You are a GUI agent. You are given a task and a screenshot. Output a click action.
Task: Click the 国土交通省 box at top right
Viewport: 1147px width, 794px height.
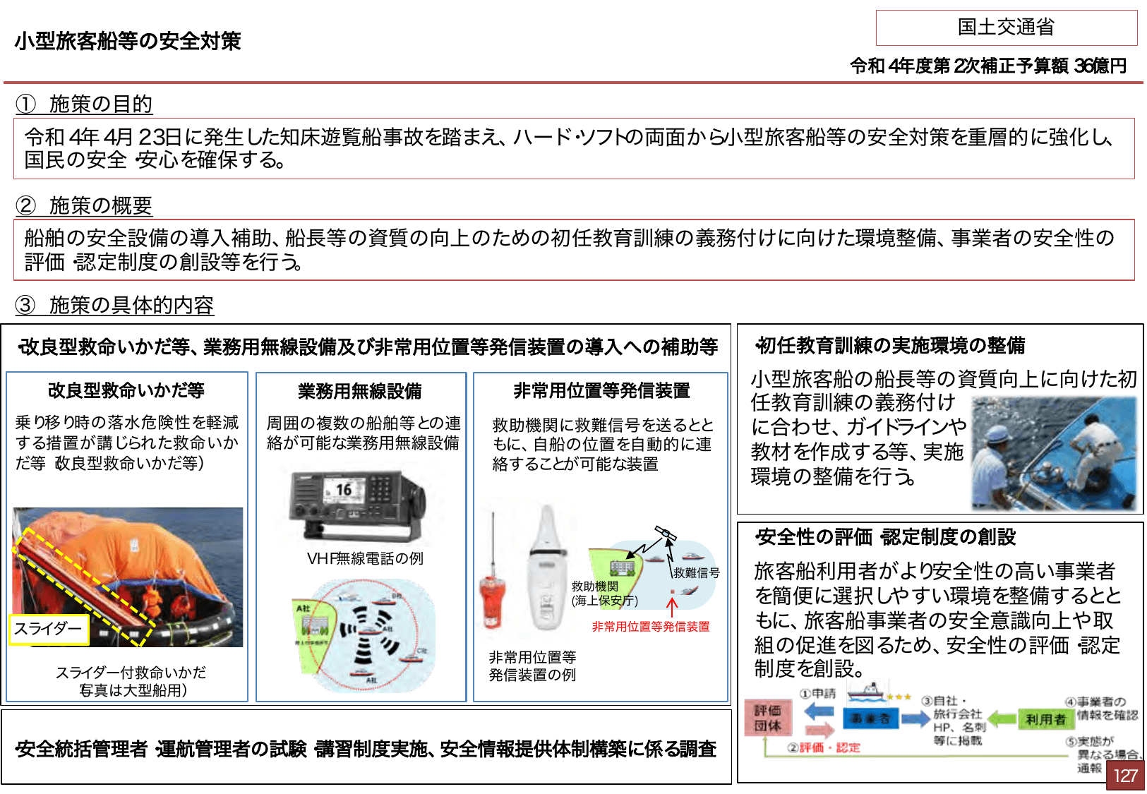click(x=1006, y=28)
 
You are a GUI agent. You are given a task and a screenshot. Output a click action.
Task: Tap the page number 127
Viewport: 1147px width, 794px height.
click(x=1124, y=776)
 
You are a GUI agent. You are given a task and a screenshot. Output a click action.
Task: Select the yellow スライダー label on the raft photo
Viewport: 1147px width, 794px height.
click(x=48, y=629)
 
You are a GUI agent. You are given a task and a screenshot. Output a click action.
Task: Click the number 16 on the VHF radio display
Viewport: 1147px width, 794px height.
click(x=343, y=489)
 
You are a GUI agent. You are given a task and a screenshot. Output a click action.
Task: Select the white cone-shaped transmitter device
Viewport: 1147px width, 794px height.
click(x=548, y=572)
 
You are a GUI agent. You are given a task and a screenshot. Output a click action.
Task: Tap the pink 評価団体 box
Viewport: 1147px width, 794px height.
click(x=767, y=718)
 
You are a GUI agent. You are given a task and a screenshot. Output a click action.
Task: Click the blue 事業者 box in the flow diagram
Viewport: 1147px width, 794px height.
click(x=870, y=719)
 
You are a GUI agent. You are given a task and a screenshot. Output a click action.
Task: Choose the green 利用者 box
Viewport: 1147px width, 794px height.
click(x=1045, y=719)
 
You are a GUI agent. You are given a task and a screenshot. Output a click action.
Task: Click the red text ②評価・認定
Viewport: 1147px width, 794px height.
click(x=824, y=747)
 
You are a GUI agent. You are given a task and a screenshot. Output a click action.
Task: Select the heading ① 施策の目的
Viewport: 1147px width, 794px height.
click(x=84, y=104)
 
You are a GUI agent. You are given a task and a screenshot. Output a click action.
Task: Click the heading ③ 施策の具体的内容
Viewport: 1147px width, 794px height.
click(x=114, y=306)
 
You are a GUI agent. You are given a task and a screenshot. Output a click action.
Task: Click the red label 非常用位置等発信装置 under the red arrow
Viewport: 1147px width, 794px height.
click(x=650, y=627)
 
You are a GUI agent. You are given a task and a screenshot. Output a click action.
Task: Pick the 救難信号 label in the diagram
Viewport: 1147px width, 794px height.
click(x=696, y=572)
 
